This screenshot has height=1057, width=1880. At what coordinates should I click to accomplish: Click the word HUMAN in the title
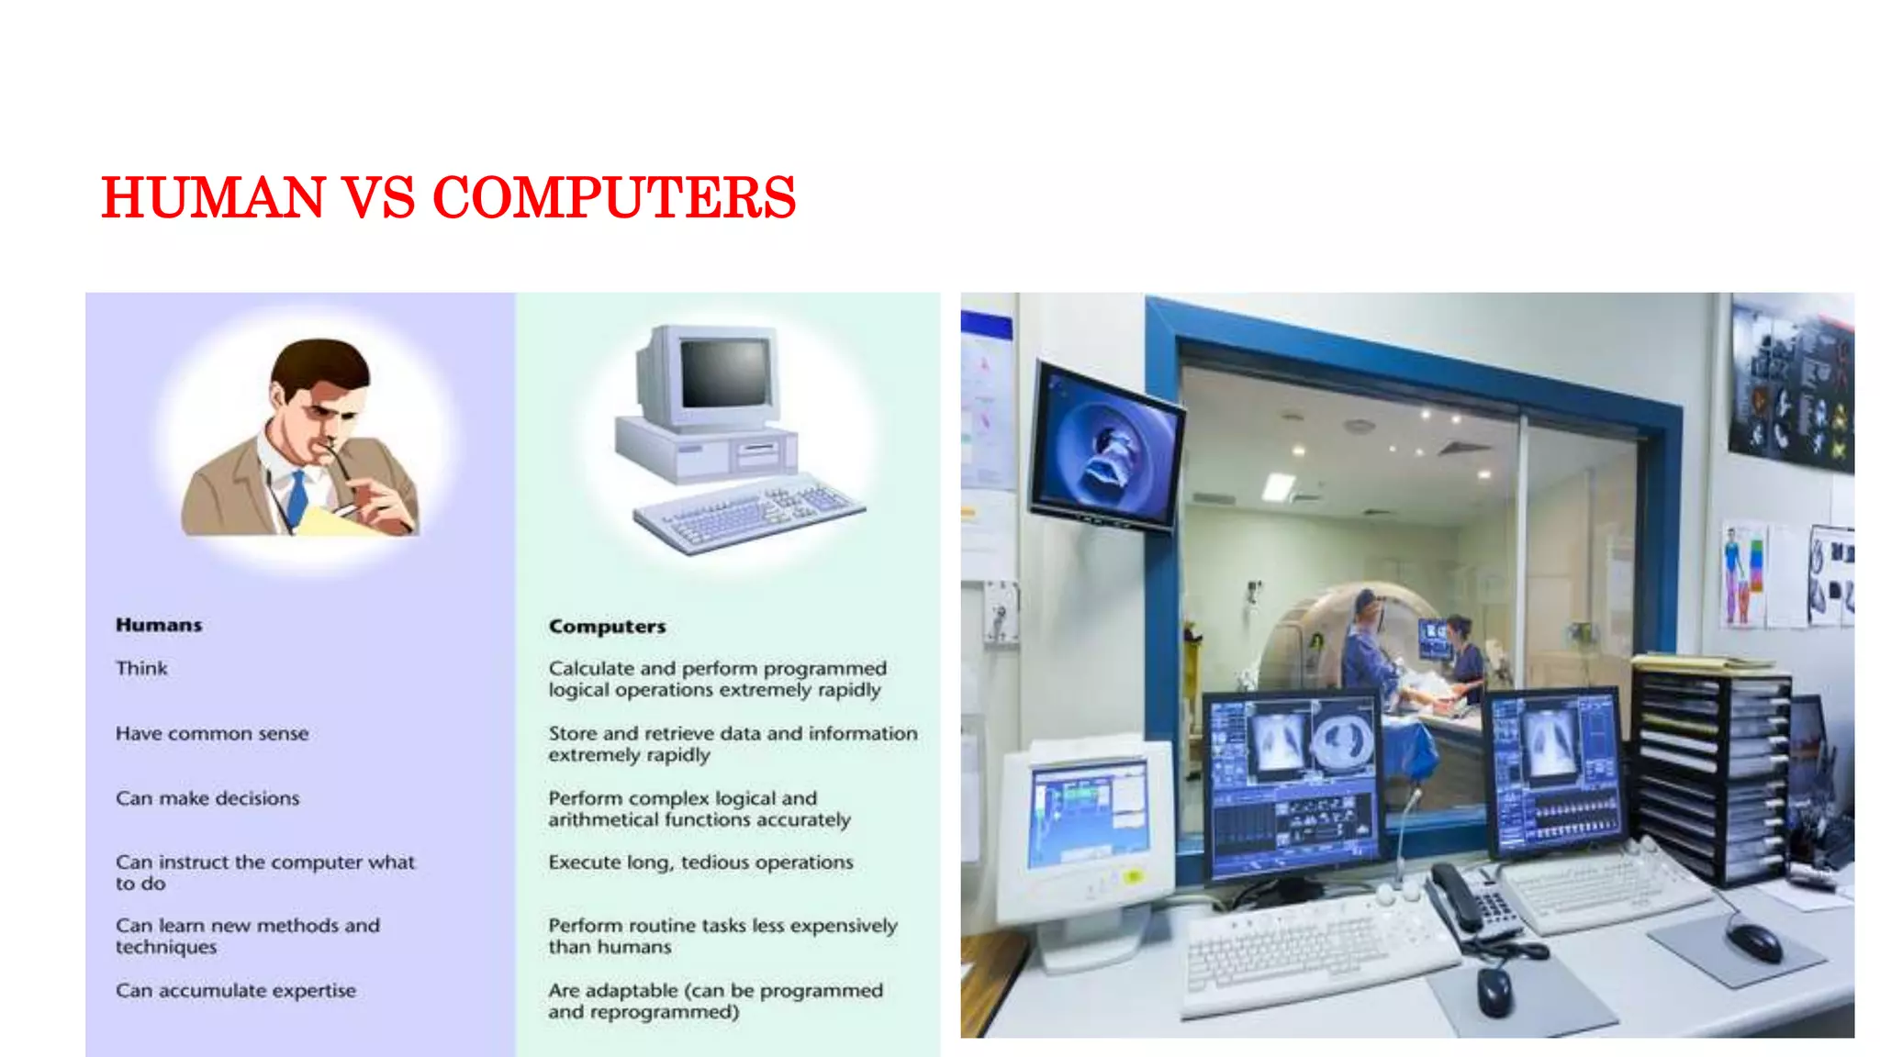point(213,197)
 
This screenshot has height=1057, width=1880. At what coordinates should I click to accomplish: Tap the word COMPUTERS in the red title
point(613,197)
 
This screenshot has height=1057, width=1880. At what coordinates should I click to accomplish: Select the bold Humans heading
point(159,625)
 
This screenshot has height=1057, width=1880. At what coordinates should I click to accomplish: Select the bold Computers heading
point(607,627)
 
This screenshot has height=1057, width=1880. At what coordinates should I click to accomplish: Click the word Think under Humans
point(141,668)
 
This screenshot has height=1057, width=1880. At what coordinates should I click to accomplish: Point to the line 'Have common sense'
point(212,733)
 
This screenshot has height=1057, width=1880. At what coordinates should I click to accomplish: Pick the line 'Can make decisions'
point(207,798)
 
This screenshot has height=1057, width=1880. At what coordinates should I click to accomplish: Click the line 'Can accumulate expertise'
point(236,991)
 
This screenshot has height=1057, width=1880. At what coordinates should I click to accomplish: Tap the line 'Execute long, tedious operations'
point(700,862)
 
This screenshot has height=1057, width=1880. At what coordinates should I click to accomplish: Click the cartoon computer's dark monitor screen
point(725,373)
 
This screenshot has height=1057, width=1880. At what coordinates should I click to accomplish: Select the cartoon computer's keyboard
point(748,514)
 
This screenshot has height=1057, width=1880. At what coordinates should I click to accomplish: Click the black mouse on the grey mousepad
point(1754,941)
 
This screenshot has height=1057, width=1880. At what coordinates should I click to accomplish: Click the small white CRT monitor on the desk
point(1086,826)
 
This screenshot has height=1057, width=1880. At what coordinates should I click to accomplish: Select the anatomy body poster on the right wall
point(1742,573)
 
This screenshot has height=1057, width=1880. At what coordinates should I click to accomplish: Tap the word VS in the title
point(378,197)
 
